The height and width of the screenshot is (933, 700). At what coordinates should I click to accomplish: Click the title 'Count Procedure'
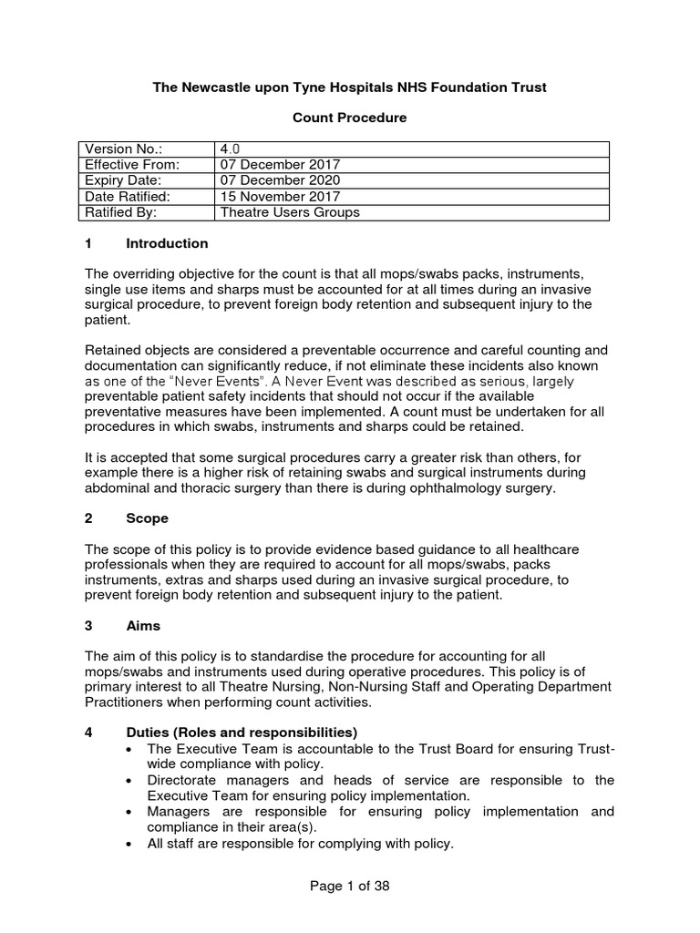(349, 118)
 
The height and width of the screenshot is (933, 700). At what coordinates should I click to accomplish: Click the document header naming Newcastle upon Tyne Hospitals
(349, 87)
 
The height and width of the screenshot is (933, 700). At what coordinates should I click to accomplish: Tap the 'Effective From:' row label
(132, 165)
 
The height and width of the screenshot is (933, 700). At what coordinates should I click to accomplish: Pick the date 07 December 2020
(280, 180)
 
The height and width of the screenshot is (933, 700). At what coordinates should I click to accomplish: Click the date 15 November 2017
(280, 196)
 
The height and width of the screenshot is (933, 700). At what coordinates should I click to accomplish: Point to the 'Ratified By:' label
(121, 212)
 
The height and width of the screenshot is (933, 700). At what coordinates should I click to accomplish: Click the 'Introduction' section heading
(167, 243)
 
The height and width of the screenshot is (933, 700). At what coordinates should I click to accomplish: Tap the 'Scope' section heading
(147, 518)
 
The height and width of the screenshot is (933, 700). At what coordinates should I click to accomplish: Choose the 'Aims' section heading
(143, 627)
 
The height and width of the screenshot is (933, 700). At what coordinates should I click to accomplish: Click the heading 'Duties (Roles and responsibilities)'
(242, 733)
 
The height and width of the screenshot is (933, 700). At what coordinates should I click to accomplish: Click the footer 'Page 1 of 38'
(349, 886)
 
